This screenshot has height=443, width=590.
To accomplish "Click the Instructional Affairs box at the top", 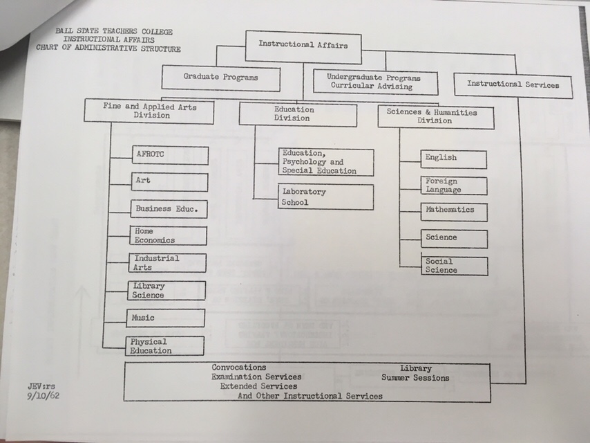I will pyautogui.click(x=303, y=46).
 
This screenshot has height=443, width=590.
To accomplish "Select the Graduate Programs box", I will pyautogui.click(x=221, y=78).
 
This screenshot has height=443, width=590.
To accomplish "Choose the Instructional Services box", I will pyautogui.click(x=513, y=85).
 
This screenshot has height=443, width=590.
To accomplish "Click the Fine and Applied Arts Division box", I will pyautogui.click(x=150, y=111).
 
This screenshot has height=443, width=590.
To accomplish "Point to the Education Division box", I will pyautogui.click(x=297, y=114).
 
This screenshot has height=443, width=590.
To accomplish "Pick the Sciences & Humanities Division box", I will pyautogui.click(x=435, y=116).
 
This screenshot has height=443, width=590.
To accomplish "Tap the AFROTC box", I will pyautogui.click(x=169, y=155).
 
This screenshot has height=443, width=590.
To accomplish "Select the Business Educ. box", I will pyautogui.click(x=169, y=208).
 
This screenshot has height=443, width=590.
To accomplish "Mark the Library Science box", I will pyautogui.click(x=168, y=290).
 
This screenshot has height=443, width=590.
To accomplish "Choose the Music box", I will pyautogui.click(x=167, y=318).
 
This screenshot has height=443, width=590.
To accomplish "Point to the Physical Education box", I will pyautogui.click(x=167, y=345).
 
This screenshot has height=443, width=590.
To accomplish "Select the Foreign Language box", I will pyautogui.click(x=454, y=186).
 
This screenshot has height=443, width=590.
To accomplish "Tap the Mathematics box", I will pyautogui.click(x=454, y=211).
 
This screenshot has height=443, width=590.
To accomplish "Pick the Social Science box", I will pyautogui.click(x=454, y=266).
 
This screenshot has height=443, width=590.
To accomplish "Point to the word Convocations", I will pyautogui.click(x=239, y=368).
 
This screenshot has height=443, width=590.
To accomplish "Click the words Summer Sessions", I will pyautogui.click(x=415, y=378).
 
